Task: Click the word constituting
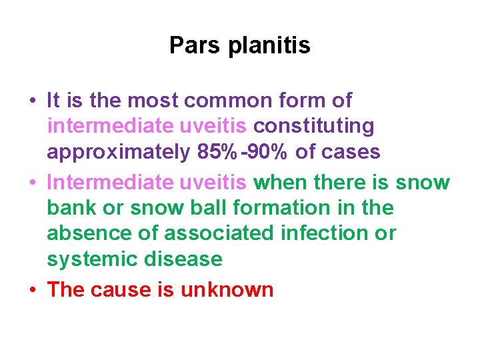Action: [x=314, y=126]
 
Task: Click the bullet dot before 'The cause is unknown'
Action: [x=33, y=290]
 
